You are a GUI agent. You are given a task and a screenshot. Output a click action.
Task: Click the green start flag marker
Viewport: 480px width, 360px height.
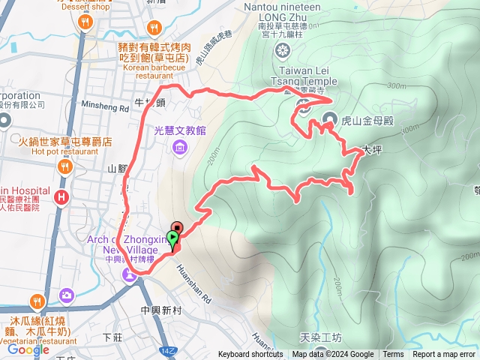tap(173, 239)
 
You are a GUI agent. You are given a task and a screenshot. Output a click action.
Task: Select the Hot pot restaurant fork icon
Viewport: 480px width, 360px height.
tap(65, 166)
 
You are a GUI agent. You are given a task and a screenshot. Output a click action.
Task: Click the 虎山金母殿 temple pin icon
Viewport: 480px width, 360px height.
tap(330, 118)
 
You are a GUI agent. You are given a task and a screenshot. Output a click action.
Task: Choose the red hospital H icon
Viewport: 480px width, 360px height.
tap(61, 197)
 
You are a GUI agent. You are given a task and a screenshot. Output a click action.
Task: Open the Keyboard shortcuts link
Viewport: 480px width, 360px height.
tap(250, 355)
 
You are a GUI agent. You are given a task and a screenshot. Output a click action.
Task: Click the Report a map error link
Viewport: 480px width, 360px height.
tap(444, 355)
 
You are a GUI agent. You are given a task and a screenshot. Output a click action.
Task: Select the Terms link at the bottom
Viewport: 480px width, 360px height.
tap(393, 355)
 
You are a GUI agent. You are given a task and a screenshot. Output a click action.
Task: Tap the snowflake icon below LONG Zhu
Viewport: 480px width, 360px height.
tap(283, 52)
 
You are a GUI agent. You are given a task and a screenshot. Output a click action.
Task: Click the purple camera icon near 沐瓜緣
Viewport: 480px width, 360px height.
tap(67, 295)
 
